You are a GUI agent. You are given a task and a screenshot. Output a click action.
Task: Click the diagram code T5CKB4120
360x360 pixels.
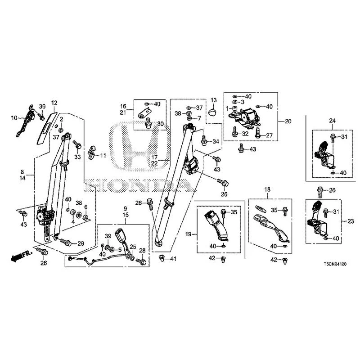pos(335,264)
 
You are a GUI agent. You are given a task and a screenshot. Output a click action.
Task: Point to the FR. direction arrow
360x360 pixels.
pos(21,256)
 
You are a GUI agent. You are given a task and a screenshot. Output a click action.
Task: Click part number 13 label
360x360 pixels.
pos(213,100)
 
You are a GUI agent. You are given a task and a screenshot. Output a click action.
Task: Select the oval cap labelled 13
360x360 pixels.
pos(213,112)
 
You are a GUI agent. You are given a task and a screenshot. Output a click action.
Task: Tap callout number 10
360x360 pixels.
pos(14,118)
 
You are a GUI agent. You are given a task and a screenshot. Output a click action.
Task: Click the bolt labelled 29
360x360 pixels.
pos(65,242)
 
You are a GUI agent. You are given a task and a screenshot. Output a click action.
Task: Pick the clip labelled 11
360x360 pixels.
pos(92,152)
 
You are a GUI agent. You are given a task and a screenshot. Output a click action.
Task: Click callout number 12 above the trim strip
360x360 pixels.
pos(54,103)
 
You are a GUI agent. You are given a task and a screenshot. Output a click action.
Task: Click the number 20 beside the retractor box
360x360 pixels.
pos(288,121)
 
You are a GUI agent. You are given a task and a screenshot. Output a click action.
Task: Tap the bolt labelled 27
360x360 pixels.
pos(257,133)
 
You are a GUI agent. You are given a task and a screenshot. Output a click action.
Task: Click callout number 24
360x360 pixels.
pos(332,121)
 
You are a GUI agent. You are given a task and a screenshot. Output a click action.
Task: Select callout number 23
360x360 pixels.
pos(351,221)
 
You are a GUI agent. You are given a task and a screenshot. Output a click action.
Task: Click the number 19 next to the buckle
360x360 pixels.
pos(188,234)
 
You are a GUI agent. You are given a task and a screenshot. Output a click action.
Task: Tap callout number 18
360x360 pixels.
pos(267,189)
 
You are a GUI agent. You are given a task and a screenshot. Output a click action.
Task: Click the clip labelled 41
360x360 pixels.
pos(162,258)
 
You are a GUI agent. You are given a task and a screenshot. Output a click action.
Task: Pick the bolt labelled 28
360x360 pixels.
pos(141,261)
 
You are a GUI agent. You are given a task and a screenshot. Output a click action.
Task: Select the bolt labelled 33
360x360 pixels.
pos(77,144)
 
